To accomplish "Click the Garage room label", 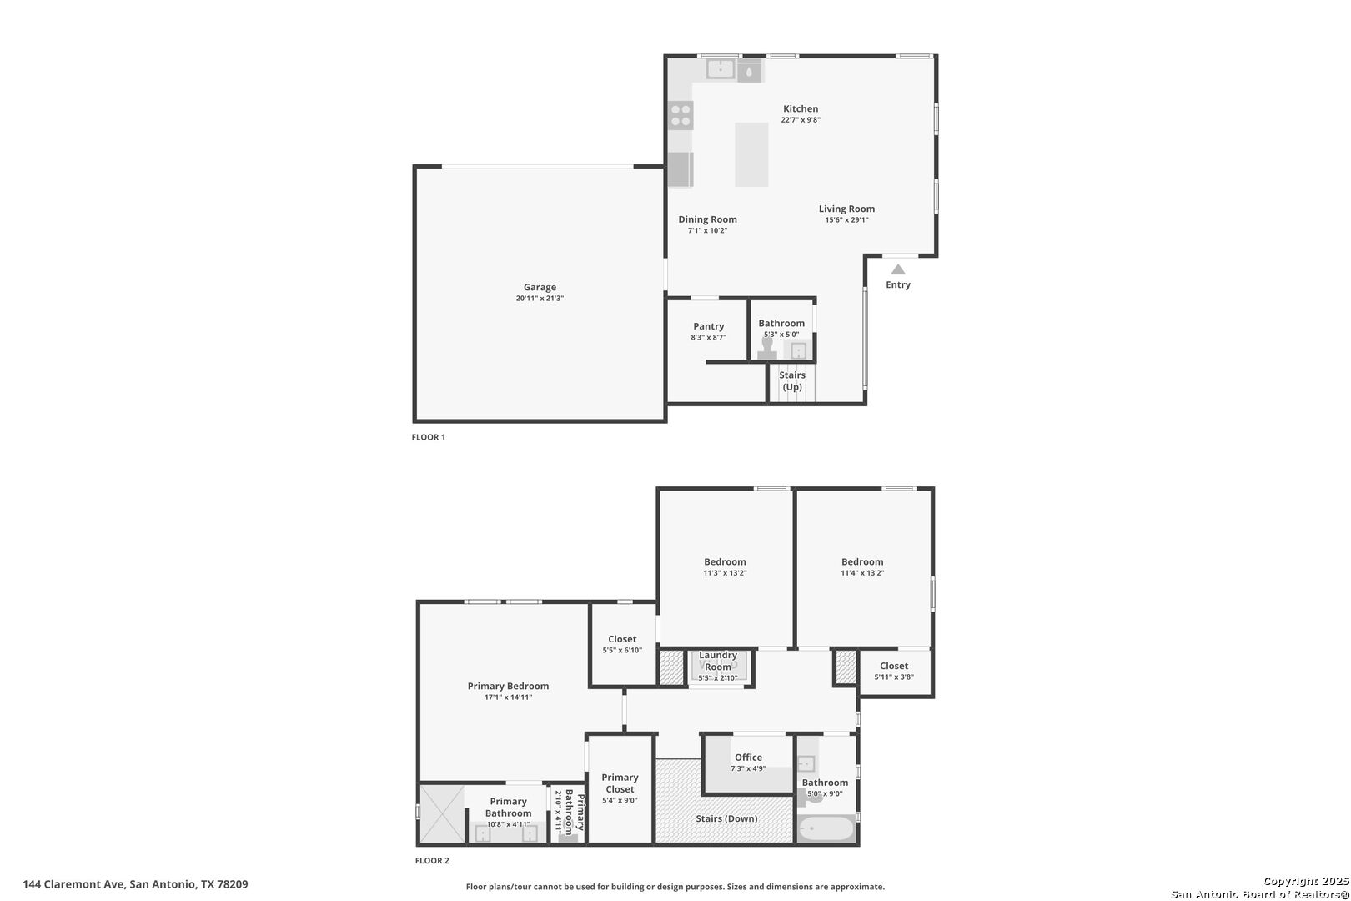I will click(540, 287).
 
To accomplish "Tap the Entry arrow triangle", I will click(898, 269).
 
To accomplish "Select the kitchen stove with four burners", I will click(681, 115).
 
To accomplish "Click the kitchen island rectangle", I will click(751, 154).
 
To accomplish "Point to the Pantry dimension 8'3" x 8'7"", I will click(708, 338).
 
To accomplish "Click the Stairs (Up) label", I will click(792, 380).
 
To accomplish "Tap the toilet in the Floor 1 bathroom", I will click(766, 348).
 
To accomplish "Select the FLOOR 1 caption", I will click(429, 437).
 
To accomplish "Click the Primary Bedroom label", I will click(508, 686).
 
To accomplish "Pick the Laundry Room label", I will click(717, 661).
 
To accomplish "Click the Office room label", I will click(748, 758).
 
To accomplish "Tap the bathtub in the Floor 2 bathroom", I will click(826, 829).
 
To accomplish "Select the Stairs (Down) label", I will click(726, 818).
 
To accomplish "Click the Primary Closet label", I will click(620, 783).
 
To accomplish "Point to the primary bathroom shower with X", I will click(440, 813).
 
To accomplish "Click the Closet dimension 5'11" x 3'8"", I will click(894, 677).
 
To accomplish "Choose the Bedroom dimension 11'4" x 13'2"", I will click(862, 573).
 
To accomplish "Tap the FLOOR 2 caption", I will click(432, 861).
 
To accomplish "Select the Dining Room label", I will click(707, 219).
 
